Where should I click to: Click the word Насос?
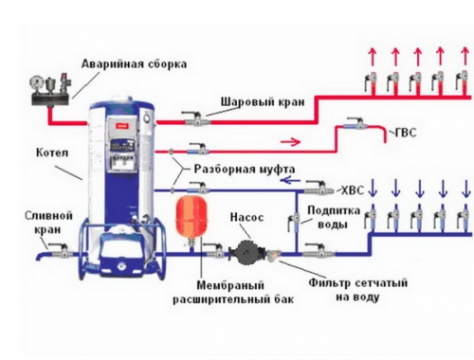[247, 217]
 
